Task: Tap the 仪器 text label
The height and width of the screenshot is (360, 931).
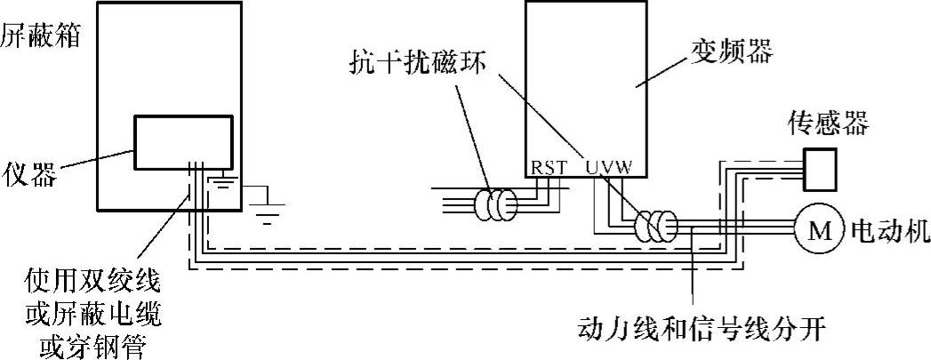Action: pyautogui.click(x=28, y=173)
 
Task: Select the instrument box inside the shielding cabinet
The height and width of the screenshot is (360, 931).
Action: pyautogui.click(x=183, y=141)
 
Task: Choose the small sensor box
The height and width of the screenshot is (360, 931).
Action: pyautogui.click(x=821, y=168)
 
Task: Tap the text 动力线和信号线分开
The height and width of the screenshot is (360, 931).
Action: pyautogui.click(x=702, y=331)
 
